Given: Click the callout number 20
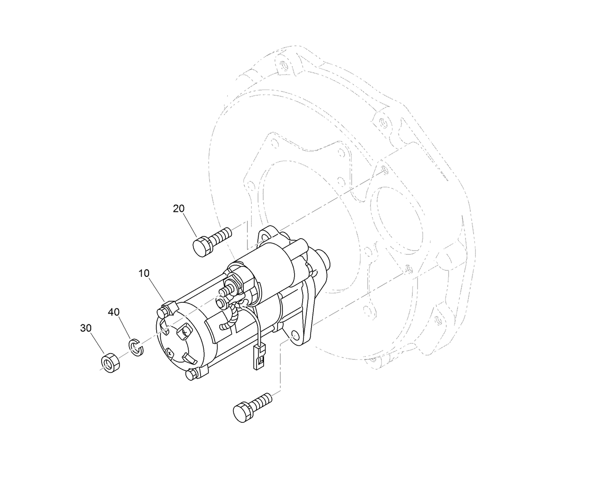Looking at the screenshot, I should (x=179, y=209).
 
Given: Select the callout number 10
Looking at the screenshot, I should (x=144, y=274).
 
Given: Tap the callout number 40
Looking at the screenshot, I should (x=114, y=312).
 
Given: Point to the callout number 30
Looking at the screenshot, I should (x=86, y=329).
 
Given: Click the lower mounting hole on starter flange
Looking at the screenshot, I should (x=295, y=335).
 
